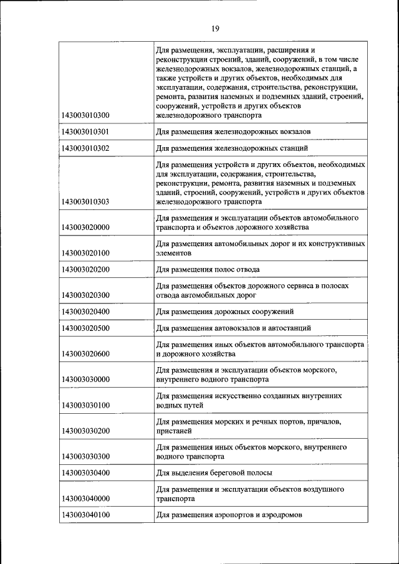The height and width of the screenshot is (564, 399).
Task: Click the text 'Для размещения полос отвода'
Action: pyautogui.click(x=208, y=269)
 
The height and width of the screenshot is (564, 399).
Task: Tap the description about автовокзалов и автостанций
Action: pyautogui.click(x=233, y=328)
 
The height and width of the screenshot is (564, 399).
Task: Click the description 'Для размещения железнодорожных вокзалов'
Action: pyautogui.click(x=233, y=131)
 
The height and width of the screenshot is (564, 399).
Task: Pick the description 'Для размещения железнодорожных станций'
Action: pyautogui.click(x=231, y=148)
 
